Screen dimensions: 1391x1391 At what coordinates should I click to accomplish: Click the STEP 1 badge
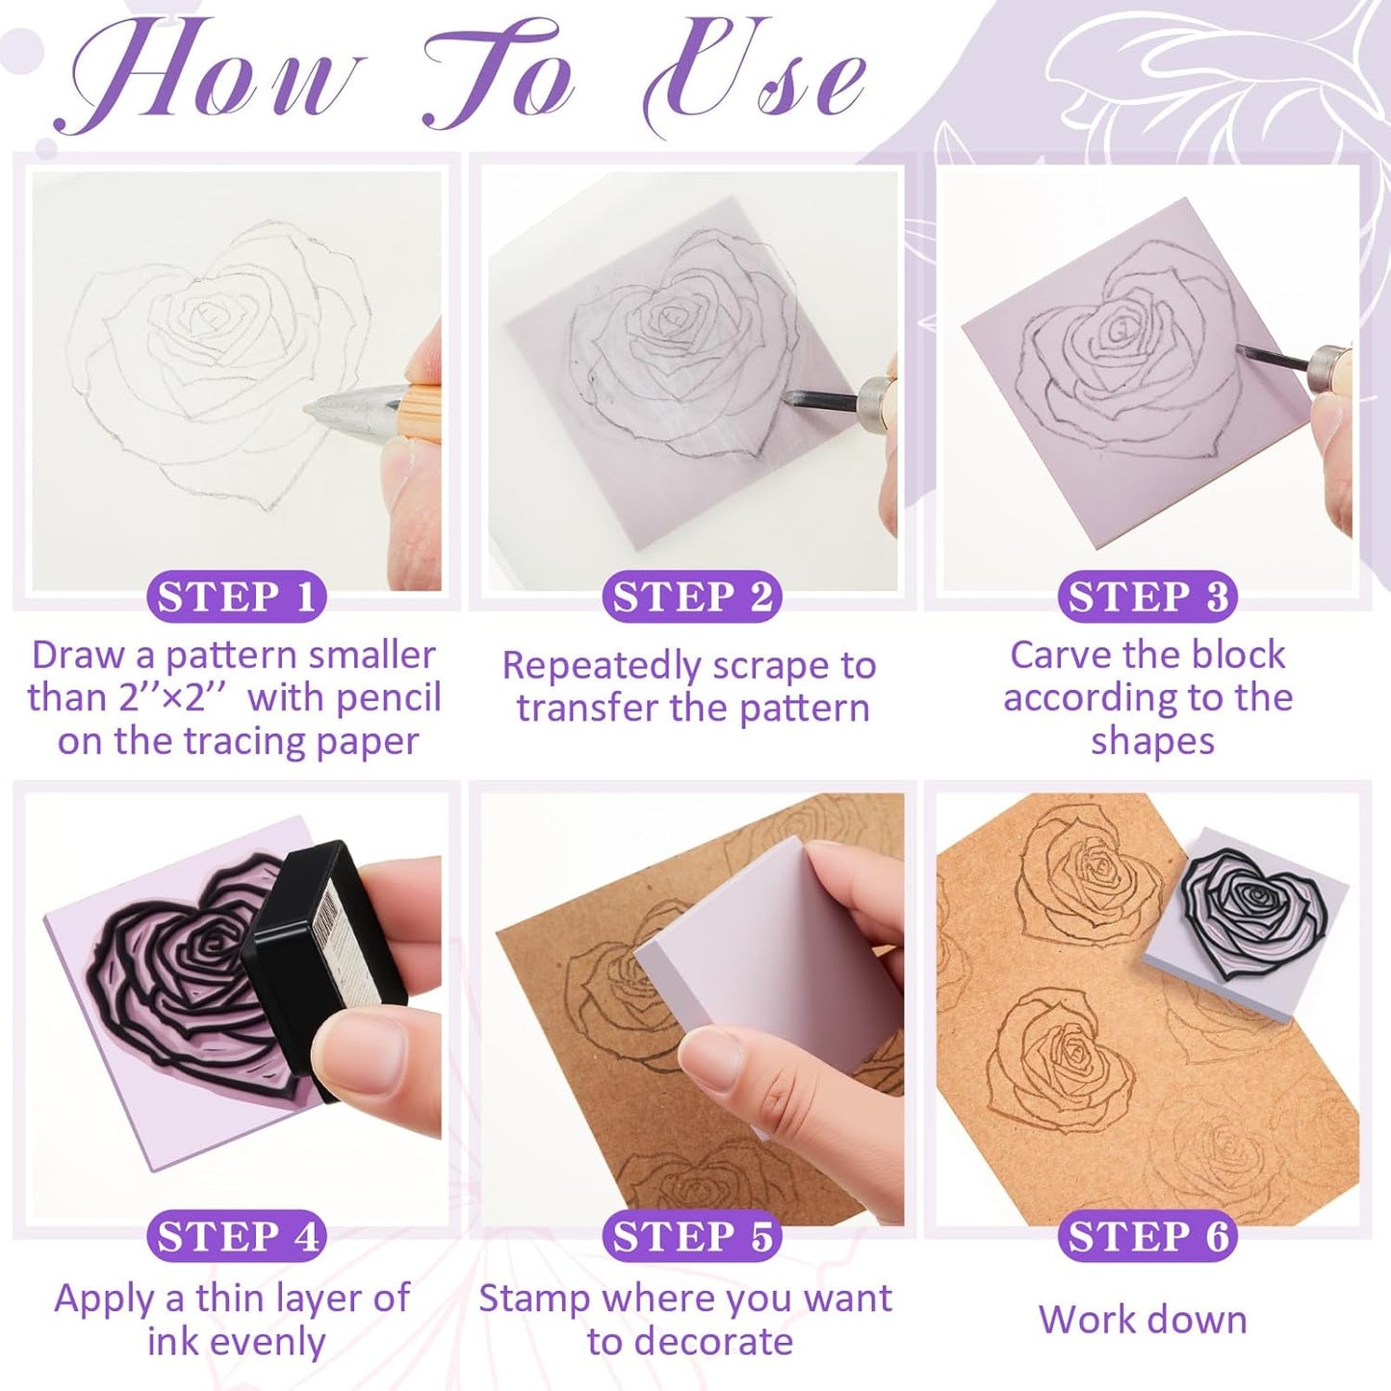236,597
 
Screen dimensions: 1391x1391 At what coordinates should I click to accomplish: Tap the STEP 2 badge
691,597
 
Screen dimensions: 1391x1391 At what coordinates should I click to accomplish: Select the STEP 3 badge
1147,597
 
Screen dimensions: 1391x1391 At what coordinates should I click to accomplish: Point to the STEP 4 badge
236,1236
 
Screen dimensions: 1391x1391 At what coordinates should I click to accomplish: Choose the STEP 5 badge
691,1236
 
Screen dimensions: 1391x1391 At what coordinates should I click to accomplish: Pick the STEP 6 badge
1147,1236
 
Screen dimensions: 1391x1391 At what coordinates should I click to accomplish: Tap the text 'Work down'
1143,1320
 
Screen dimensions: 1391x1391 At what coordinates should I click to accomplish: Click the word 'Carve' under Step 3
1058,656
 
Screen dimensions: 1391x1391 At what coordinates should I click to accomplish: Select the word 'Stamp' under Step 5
534,1299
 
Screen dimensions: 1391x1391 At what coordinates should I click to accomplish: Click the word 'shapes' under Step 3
1152,741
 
